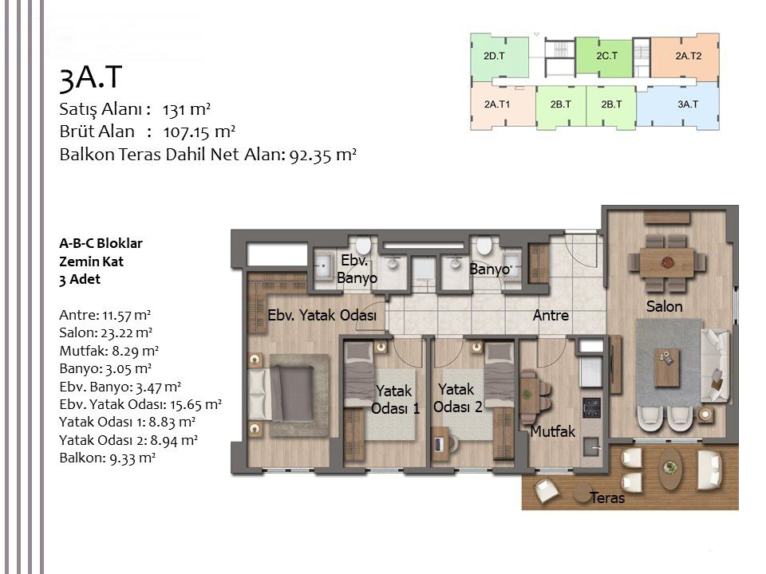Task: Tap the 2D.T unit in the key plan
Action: (x=494, y=56)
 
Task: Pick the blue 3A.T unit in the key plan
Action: (x=687, y=104)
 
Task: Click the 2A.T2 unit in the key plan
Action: (x=687, y=56)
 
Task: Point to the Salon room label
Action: (x=664, y=307)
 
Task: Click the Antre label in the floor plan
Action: (x=551, y=316)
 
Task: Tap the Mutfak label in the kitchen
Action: (x=552, y=431)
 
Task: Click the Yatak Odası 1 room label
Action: (x=394, y=400)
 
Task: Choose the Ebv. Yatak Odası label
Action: (x=322, y=315)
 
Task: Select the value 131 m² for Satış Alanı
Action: (x=186, y=109)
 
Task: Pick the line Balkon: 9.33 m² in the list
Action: (x=107, y=458)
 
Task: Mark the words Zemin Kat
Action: (x=91, y=261)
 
